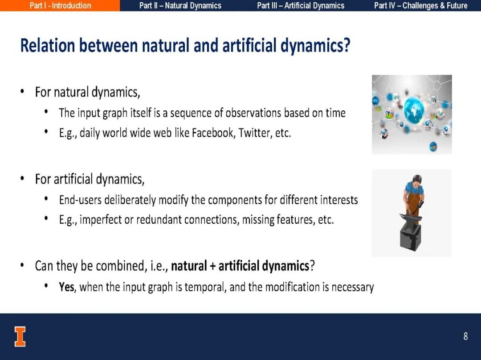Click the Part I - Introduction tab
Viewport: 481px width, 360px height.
60,5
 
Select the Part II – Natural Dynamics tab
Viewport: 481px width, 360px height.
180,5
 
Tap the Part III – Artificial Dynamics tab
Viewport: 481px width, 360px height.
301,5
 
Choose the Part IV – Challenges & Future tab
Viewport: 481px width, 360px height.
421,5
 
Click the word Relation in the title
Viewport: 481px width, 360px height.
48,45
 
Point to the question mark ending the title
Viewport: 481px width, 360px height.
346,45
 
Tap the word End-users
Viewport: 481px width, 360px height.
80,200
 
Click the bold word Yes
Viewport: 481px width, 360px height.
66,287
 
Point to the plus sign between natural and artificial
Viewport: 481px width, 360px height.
212,266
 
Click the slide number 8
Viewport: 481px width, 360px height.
465,336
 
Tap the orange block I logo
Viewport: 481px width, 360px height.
20,336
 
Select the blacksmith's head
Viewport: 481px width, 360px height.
416,180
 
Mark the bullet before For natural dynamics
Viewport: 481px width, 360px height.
22,91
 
